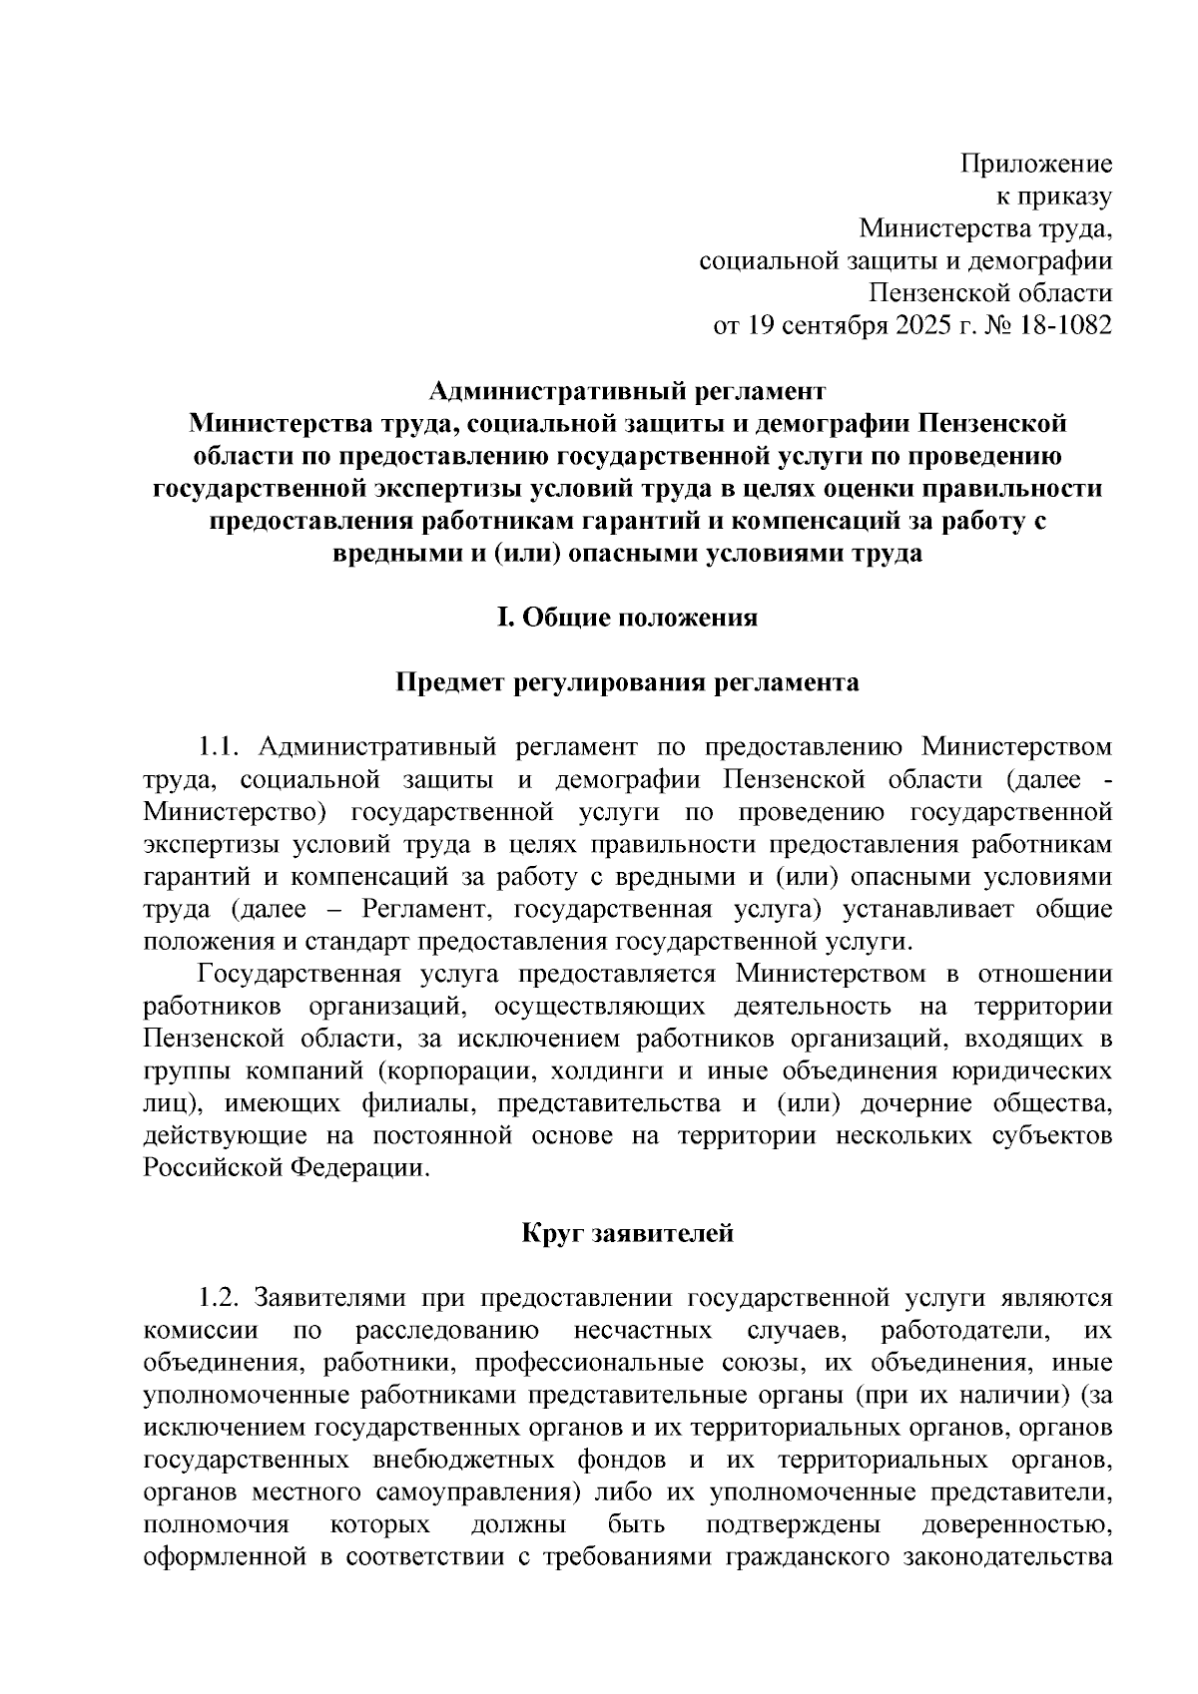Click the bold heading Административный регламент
tap(628, 390)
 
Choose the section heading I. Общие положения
tap(628, 618)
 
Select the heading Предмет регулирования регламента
tap(628, 682)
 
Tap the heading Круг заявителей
tap(628, 1233)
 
